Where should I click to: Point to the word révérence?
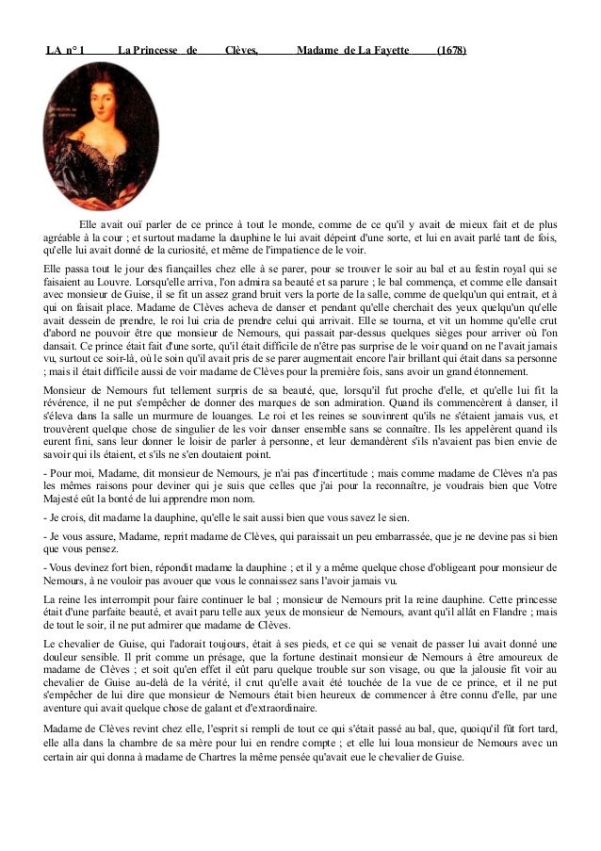pyautogui.click(x=65, y=403)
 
